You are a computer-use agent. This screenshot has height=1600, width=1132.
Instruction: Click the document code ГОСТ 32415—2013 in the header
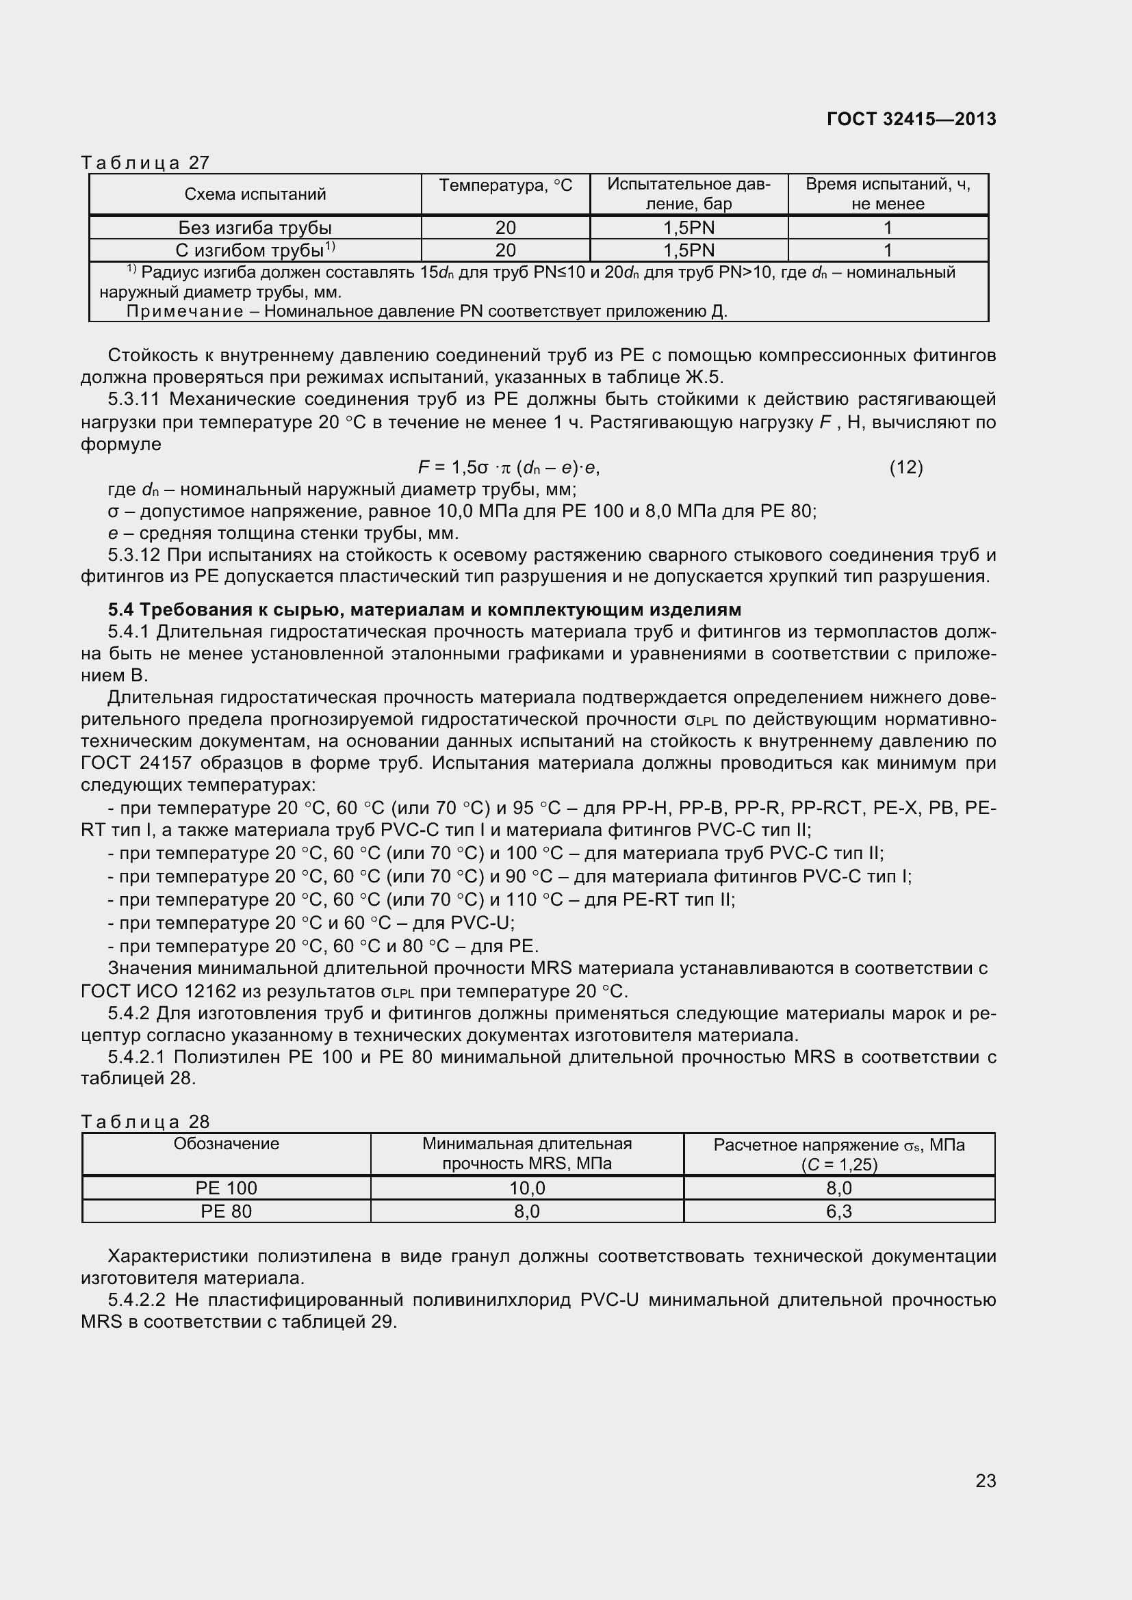click(x=911, y=119)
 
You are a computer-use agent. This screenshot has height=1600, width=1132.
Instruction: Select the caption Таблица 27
click(x=145, y=162)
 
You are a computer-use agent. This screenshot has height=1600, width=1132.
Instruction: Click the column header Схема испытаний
click(x=255, y=194)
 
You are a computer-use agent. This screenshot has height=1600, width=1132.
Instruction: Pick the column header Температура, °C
click(x=505, y=185)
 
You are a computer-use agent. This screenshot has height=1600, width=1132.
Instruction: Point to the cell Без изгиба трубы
click(x=255, y=228)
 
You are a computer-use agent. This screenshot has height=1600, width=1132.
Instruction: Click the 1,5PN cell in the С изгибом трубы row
click(x=689, y=250)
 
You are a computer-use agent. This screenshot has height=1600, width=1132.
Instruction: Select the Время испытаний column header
click(x=888, y=194)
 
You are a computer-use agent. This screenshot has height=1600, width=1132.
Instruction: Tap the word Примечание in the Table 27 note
click(x=185, y=311)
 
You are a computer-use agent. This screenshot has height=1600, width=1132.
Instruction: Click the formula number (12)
click(x=905, y=467)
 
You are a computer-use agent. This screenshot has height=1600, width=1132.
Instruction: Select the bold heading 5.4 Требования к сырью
click(x=424, y=609)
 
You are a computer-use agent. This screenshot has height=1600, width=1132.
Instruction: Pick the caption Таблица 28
click(x=145, y=1121)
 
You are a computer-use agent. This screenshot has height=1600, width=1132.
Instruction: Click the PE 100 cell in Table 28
click(x=227, y=1188)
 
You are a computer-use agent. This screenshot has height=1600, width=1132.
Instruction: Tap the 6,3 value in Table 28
click(x=838, y=1211)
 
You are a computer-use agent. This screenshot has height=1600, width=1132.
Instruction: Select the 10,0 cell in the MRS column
click(x=527, y=1188)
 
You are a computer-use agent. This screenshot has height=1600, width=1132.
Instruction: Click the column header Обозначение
click(x=227, y=1144)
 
